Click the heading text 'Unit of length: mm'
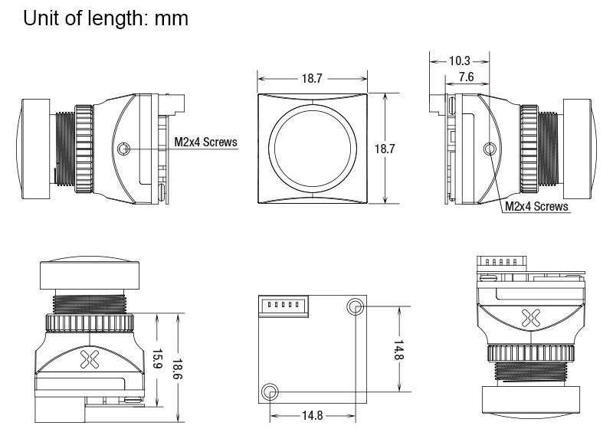pyautogui.click(x=106, y=18)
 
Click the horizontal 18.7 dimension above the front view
pyautogui.click(x=312, y=78)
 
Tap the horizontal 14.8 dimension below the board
pyautogui.click(x=313, y=416)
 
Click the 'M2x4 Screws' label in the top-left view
pyautogui.click(x=206, y=142)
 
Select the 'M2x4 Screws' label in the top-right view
pyautogui.click(x=536, y=206)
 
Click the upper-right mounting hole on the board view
pyautogui.click(x=356, y=307)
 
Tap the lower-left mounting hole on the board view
pyautogui.click(x=270, y=392)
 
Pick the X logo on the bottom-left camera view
pyautogui.click(x=90, y=356)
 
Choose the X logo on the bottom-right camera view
pyautogui.click(x=527, y=318)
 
